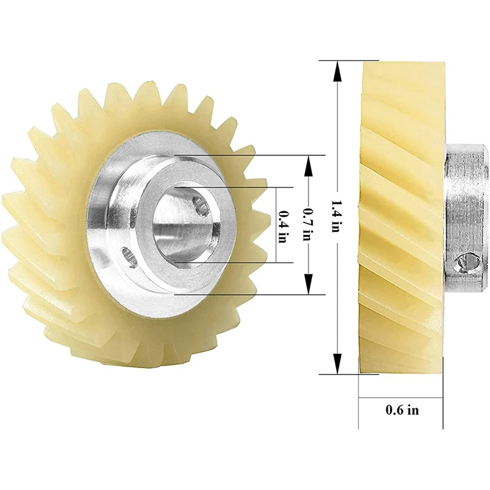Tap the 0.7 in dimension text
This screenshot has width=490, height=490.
[x=307, y=224]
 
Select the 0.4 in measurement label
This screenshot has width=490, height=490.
[x=282, y=225]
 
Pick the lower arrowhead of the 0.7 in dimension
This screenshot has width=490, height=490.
[x=307, y=288]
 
